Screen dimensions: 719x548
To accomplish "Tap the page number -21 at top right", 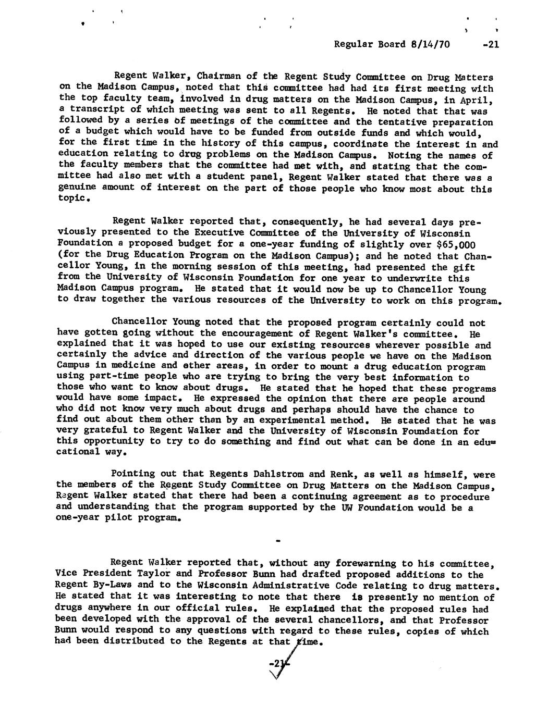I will tap(491, 44).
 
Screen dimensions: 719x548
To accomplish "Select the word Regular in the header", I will tap(352, 44).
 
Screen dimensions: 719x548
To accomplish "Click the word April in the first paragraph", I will tap(478, 100).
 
